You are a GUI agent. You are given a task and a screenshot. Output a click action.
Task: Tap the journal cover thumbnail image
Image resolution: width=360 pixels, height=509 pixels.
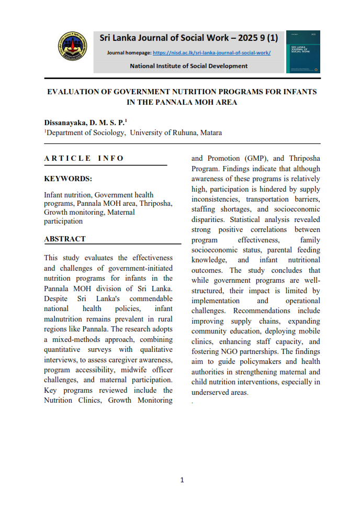click(303, 51)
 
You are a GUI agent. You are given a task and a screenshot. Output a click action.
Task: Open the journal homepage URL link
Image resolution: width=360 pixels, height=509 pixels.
click(211, 53)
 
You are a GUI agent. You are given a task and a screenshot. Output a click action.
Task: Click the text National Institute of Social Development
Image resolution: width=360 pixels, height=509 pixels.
click(189, 66)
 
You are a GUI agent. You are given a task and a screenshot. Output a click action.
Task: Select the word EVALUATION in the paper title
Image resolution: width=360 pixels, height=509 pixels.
click(73, 92)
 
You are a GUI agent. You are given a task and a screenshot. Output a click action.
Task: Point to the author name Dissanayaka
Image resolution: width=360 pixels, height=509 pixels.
click(65, 122)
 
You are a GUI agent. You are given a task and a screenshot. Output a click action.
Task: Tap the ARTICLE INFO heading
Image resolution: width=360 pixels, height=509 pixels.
click(84, 158)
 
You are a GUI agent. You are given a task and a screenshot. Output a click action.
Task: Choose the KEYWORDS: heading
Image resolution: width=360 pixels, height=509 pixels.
click(68, 179)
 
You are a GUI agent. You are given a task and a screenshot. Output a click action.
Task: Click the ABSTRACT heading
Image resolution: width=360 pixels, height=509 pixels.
click(65, 239)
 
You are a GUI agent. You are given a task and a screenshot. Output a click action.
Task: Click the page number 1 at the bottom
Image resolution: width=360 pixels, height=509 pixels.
click(182, 480)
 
